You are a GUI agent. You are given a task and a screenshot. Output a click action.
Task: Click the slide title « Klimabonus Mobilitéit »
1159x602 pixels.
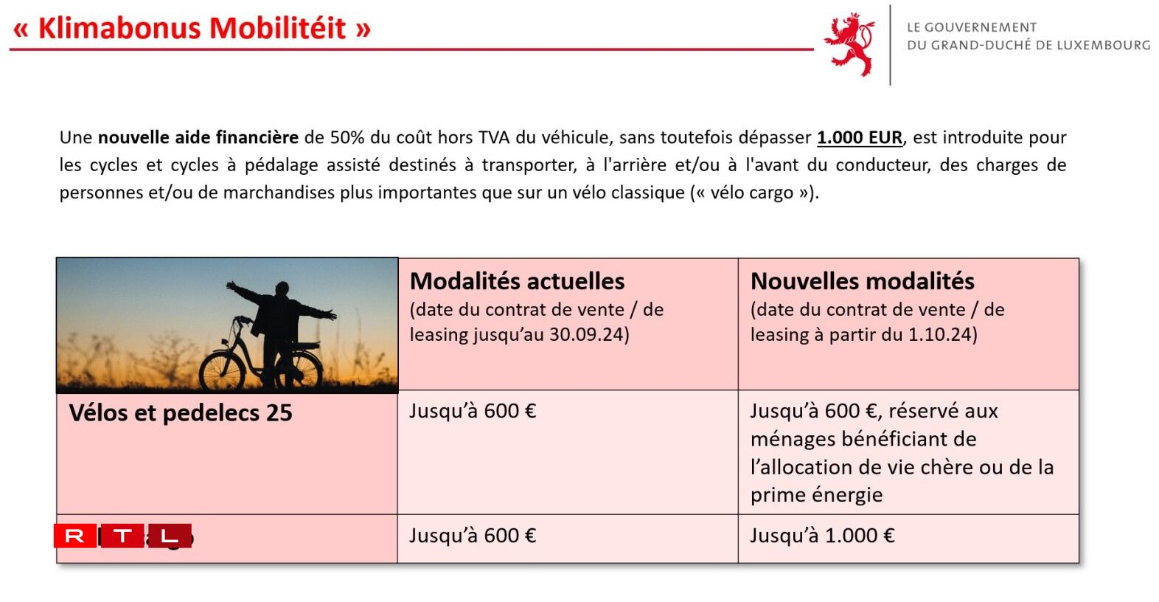coord(192,29)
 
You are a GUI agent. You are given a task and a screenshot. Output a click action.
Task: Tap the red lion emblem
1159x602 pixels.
coord(850,44)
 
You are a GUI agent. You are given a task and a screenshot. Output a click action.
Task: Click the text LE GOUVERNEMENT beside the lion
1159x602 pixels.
coord(971,27)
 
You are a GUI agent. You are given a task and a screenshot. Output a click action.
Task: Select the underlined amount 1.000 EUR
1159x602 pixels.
coord(859,138)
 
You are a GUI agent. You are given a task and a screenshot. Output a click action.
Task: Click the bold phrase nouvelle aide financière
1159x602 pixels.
coord(198,138)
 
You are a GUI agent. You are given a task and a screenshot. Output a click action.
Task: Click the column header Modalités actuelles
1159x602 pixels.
coord(517,281)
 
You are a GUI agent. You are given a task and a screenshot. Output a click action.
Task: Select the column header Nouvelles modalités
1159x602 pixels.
coord(862,281)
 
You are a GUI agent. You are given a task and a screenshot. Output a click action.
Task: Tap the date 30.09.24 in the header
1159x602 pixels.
coord(586,335)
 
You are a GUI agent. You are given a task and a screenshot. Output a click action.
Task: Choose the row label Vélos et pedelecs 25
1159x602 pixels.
coord(181,413)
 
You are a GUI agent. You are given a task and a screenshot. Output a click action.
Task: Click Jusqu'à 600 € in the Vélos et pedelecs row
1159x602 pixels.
coord(473,411)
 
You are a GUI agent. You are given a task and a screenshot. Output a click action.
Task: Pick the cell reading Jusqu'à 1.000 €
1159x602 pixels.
coord(822,536)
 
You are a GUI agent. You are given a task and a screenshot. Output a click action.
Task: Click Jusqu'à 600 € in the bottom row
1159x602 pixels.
coord(473,536)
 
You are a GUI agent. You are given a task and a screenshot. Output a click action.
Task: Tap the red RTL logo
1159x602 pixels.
coord(122,536)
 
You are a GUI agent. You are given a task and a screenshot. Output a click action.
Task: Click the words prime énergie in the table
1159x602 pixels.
coord(816,495)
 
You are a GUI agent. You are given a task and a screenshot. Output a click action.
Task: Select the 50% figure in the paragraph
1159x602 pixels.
coord(347,138)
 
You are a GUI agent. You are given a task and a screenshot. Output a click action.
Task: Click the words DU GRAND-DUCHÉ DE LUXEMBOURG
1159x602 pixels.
coord(1028,46)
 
